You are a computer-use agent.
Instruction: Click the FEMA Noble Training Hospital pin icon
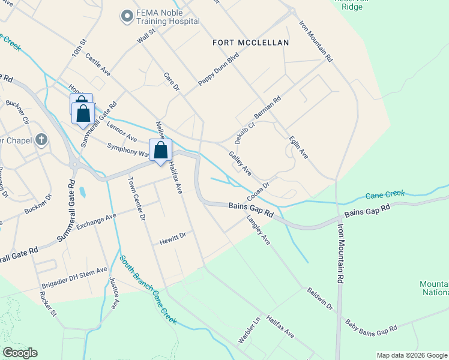pyautogui.click(x=127, y=16)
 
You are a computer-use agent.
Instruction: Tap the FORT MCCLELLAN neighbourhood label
pyautogui.click(x=251, y=43)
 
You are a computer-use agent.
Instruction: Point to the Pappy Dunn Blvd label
pyautogui.click(x=219, y=70)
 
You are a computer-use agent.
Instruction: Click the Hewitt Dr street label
pyautogui.click(x=172, y=239)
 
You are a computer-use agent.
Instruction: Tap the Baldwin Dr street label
pyautogui.click(x=320, y=298)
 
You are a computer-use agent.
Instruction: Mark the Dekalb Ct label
pyautogui.click(x=245, y=133)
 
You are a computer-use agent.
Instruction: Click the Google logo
pyautogui.click(x=20, y=353)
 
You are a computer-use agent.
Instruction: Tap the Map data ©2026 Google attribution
pyautogui.click(x=412, y=355)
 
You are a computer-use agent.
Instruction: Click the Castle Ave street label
pyautogui.click(x=98, y=64)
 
